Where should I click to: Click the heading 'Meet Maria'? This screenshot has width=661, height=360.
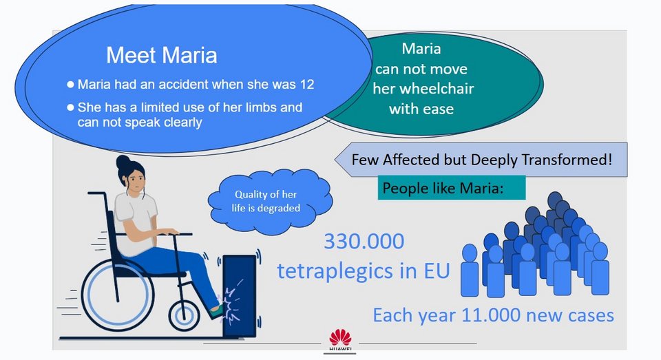161,55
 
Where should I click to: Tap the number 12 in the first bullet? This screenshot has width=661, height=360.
307,84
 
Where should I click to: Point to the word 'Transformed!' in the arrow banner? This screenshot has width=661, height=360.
567,160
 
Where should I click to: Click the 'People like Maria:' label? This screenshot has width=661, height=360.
443,188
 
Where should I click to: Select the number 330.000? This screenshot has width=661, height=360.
364,242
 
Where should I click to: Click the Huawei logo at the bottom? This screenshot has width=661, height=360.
340,340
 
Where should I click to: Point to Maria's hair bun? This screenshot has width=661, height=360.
123,162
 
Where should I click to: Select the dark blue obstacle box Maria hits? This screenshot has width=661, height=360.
239,296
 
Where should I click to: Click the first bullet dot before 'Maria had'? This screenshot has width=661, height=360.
70,84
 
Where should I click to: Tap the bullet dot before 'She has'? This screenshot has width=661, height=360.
70,107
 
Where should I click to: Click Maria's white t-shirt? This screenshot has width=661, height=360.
136,224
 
